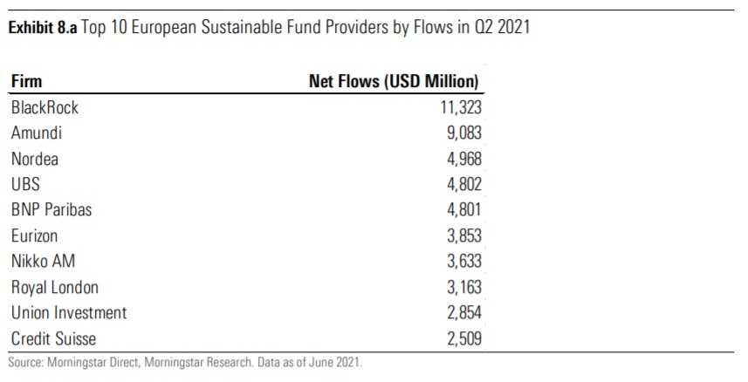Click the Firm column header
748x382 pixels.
tap(27, 83)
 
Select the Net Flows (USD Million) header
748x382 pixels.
tap(395, 83)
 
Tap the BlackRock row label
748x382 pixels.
tap(45, 108)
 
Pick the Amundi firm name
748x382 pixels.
tap(37, 133)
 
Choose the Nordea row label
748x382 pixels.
tap(35, 159)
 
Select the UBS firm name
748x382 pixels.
tap(25, 184)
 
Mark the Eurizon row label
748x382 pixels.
tap(36, 235)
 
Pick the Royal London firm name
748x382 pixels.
tap(55, 287)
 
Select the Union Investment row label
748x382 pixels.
tap(69, 312)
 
